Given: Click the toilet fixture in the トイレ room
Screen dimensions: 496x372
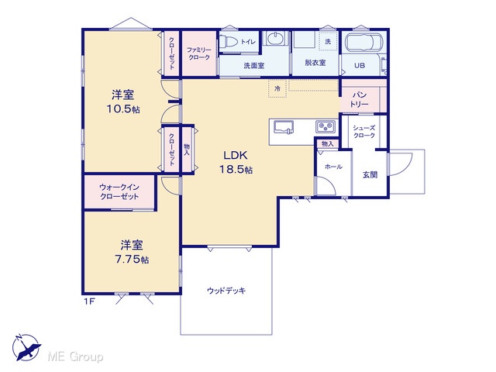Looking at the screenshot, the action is tap(229, 41).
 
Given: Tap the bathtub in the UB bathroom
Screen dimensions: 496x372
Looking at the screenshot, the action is tap(363, 42).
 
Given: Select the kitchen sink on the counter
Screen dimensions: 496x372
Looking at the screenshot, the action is tap(284, 127).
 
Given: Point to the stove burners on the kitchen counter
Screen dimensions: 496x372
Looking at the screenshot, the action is tap(325, 126).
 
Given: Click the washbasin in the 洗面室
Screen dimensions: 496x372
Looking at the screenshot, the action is tap(276, 40).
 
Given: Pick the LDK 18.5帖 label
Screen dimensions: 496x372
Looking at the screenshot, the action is tap(236, 162).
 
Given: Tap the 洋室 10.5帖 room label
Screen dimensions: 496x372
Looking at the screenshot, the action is tap(123, 102).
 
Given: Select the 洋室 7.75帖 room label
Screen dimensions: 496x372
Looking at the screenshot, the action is tap(132, 252).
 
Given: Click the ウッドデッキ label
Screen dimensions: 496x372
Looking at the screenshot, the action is tap(226, 291).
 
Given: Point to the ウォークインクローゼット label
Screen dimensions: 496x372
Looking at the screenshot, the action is tap(119, 191).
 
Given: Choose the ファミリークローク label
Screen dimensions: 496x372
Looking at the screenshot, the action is tap(198, 53).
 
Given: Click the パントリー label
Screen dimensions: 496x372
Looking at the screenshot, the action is tap(359, 99).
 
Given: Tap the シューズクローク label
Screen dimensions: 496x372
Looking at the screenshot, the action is tap(363, 132).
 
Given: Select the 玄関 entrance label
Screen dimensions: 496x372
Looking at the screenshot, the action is tap(370, 175).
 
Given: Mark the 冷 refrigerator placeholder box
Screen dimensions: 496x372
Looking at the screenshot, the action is tap(277, 88).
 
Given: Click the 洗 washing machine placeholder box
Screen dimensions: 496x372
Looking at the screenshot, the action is tap(328, 41).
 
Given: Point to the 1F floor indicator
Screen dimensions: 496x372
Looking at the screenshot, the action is tap(90, 301).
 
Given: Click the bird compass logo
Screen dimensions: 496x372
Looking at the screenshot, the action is tap(26, 347).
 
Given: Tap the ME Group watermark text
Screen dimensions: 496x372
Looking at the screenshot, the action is tap(75, 356).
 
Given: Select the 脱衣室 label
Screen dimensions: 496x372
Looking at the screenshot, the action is tap(315, 63).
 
